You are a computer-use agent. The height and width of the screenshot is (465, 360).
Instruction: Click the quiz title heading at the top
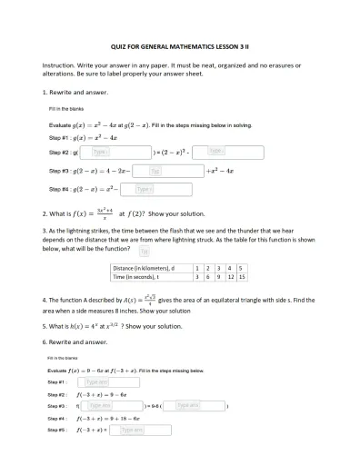pos(179,45)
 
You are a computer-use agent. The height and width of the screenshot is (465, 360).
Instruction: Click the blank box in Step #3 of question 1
pos(155,171)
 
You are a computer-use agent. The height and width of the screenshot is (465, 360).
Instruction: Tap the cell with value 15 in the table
pos(242,276)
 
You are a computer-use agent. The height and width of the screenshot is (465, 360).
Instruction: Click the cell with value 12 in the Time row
pos(230,276)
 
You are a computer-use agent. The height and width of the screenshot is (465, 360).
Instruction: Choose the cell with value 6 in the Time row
pos(208,276)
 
